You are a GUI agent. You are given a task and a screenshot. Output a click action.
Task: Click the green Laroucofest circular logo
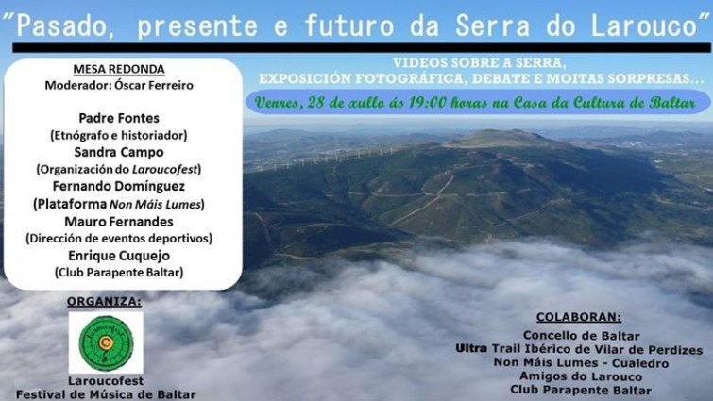pyautogui.click(x=106, y=343)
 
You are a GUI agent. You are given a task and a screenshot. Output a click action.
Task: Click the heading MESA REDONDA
pyautogui.click(x=119, y=69)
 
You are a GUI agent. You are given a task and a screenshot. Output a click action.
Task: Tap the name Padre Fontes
pyautogui.click(x=119, y=118)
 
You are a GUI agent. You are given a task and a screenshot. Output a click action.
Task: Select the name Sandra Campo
pyautogui.click(x=119, y=152)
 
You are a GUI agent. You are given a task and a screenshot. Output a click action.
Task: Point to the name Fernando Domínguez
pyautogui.click(x=119, y=186)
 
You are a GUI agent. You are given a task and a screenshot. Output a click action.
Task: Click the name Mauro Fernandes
pyautogui.click(x=119, y=222)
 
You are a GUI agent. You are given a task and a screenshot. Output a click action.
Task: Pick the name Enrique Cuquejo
pyautogui.click(x=119, y=256)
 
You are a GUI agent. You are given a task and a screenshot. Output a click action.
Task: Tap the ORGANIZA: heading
pyautogui.click(x=104, y=302)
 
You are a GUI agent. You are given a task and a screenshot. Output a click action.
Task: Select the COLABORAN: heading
pyautogui.click(x=579, y=317)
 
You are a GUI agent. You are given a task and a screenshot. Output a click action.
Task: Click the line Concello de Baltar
pyautogui.click(x=581, y=336)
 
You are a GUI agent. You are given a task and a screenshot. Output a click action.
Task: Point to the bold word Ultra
pyautogui.click(x=471, y=349)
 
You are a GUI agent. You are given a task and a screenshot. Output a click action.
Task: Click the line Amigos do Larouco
pyautogui.click(x=581, y=376)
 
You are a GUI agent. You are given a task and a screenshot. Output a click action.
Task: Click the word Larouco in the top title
pyautogui.click(x=644, y=25)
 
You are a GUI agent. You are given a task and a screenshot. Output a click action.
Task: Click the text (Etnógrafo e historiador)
pyautogui.click(x=119, y=135)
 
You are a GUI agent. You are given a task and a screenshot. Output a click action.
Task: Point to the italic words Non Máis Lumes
pyautogui.click(x=156, y=205)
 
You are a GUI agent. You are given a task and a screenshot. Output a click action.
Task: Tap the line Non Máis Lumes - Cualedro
pyautogui.click(x=581, y=362)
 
